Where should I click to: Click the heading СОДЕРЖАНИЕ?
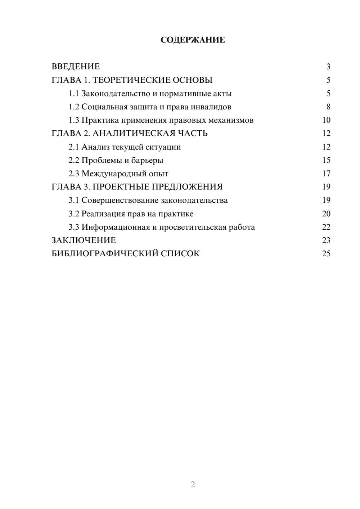pyautogui.click(x=193, y=40)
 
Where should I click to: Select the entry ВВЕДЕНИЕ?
pyautogui.click(x=76, y=67)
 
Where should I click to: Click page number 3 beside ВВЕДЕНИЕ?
pyautogui.click(x=328, y=67)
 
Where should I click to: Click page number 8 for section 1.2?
pyautogui.click(x=328, y=107)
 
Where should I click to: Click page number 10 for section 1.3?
pyautogui.click(x=326, y=120)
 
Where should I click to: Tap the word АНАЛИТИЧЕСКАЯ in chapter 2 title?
pyautogui.click(x=133, y=134)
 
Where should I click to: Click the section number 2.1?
pyautogui.click(x=74, y=147)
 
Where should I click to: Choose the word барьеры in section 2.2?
pyautogui.click(x=147, y=160)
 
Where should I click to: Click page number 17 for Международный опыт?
pyautogui.click(x=326, y=174)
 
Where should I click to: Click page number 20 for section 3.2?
pyautogui.click(x=326, y=214)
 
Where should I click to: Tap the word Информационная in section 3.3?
pyautogui.click(x=116, y=227)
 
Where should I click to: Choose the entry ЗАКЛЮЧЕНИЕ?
pyautogui.click(x=84, y=240)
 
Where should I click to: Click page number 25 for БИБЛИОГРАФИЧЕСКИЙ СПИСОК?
pyautogui.click(x=326, y=253)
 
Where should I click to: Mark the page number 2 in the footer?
pyautogui.click(x=193, y=485)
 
